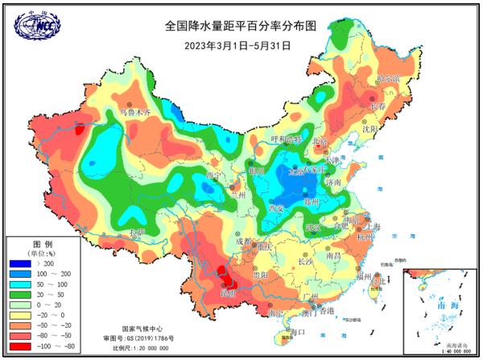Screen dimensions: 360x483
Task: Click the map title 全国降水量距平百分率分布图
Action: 242,26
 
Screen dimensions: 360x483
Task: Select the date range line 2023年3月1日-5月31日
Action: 242,45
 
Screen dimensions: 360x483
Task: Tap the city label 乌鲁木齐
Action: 135,113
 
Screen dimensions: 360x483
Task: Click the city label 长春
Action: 378,106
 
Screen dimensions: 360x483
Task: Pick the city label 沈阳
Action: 369,128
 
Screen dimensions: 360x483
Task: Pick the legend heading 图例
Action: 42,243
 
